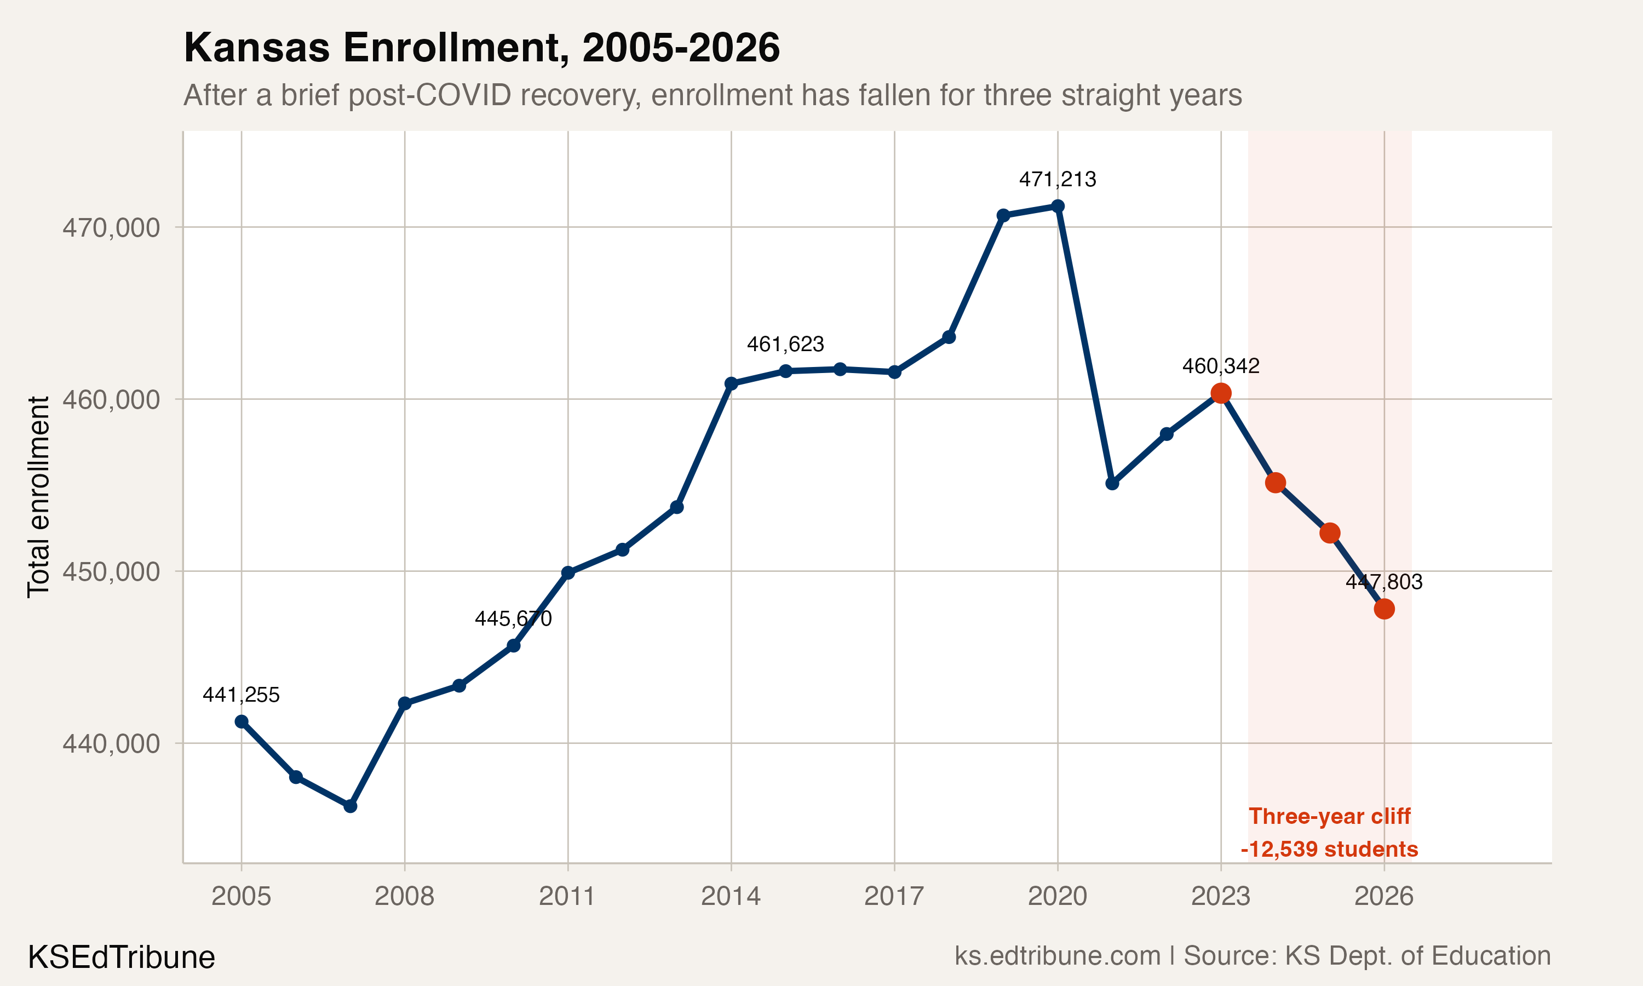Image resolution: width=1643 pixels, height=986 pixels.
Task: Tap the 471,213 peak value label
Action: coord(1057,179)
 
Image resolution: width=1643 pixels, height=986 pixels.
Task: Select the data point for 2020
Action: coord(1057,207)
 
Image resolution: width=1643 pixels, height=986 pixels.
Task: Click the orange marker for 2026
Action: coord(1384,609)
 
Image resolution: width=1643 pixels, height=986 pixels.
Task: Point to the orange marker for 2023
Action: coord(1221,393)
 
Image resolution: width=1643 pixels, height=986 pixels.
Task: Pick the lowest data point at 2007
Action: coord(351,806)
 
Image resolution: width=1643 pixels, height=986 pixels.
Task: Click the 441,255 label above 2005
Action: coord(241,695)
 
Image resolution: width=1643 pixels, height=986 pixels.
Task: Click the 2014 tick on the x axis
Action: coord(731,896)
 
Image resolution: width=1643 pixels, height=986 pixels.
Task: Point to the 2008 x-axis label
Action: coord(404,896)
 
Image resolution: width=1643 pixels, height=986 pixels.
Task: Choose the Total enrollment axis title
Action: coord(38,497)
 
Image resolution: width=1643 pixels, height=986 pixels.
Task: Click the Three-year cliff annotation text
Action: coord(1330,816)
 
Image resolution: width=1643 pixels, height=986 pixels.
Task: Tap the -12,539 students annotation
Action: coord(1330,849)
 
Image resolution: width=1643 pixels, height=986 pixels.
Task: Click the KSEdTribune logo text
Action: coord(122,958)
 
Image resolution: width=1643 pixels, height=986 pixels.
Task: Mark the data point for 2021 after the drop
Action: coord(1112,483)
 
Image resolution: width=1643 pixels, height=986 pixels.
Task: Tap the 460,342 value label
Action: coord(1221,366)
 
